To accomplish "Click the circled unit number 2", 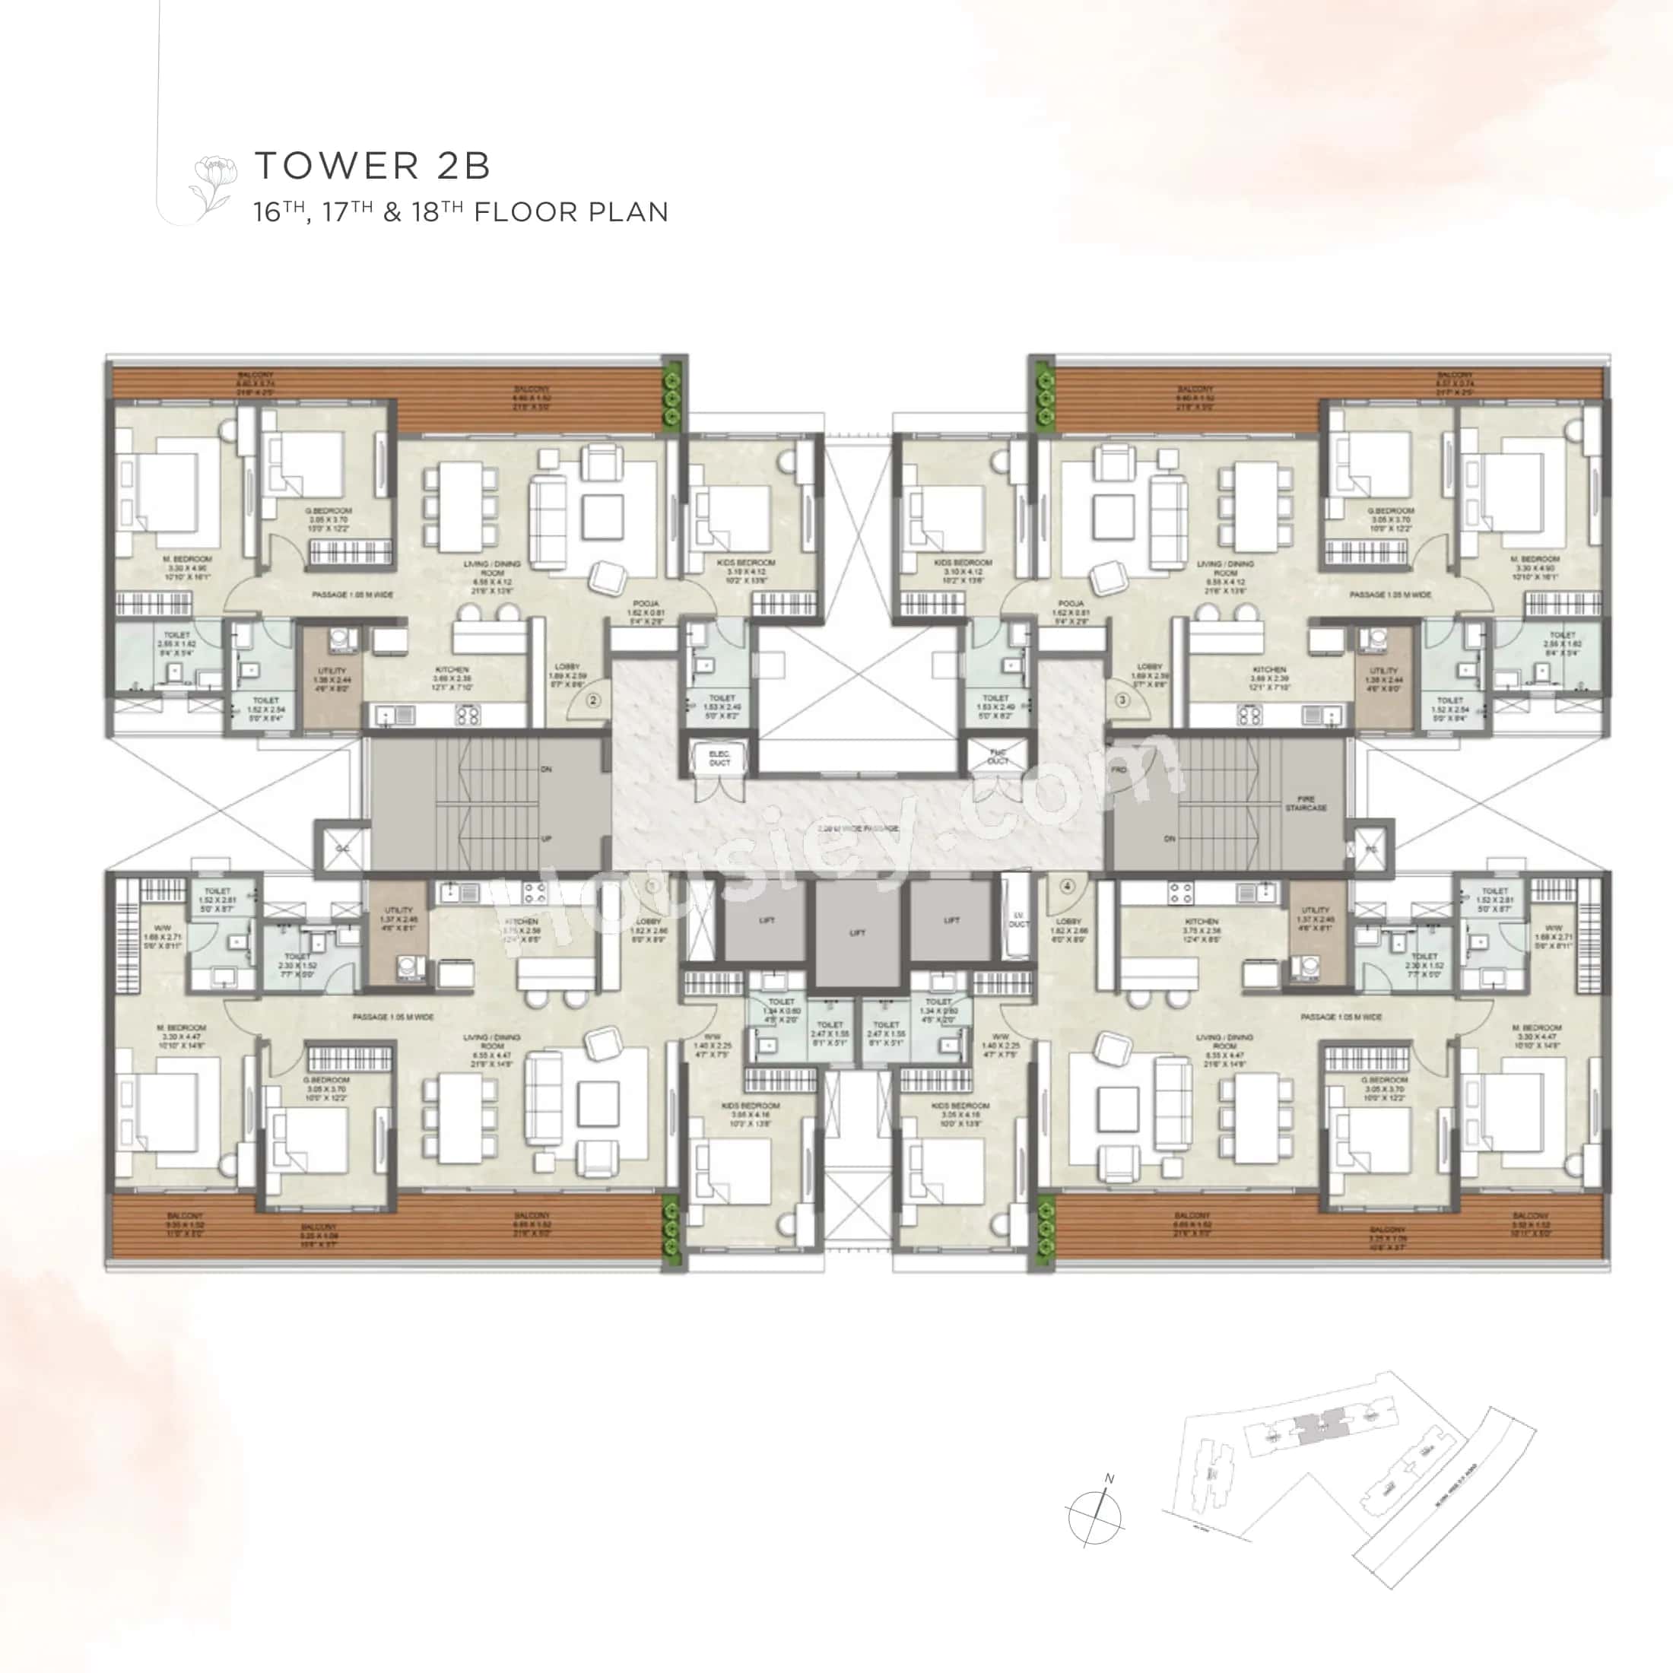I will pyautogui.click(x=593, y=700).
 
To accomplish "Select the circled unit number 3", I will pyautogui.click(x=1122, y=700).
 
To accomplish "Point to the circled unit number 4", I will pyautogui.click(x=1067, y=887).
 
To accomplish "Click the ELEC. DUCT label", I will pyautogui.click(x=719, y=759).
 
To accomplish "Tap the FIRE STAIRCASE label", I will pyautogui.click(x=1306, y=803).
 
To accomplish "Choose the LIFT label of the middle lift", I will pyautogui.click(x=857, y=932).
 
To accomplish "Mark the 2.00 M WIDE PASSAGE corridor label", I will pyautogui.click(x=857, y=829).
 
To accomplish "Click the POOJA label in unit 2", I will pyautogui.click(x=645, y=603).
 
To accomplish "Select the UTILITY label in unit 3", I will pyautogui.click(x=1383, y=671).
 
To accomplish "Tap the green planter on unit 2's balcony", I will pyautogui.click(x=672, y=395).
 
